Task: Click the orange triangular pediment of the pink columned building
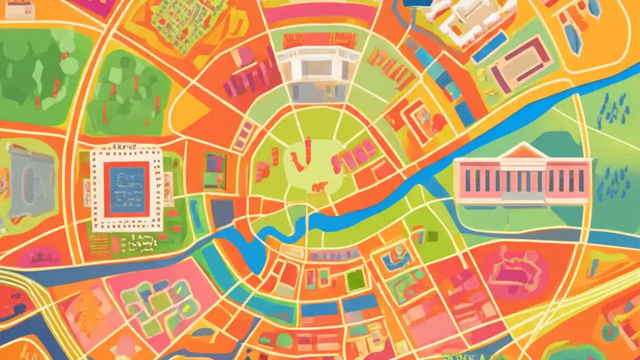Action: tap(522, 151)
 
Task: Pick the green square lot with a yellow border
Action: tap(355, 280)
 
